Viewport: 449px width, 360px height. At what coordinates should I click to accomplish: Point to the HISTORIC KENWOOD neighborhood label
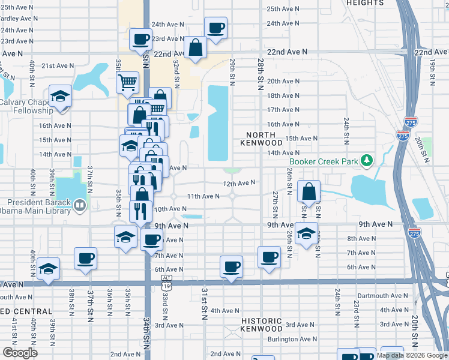(x=261, y=325)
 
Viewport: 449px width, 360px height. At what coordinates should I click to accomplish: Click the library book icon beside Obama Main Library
(x=79, y=206)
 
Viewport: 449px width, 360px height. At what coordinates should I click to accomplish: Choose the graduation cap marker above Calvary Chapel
(x=60, y=96)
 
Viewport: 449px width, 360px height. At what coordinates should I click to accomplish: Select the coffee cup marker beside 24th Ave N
(x=215, y=27)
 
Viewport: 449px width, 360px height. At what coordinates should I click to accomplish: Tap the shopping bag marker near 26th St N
(x=309, y=191)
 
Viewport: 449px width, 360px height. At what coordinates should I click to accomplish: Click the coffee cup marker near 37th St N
(x=85, y=258)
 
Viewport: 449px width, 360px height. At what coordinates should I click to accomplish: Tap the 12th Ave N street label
(x=239, y=182)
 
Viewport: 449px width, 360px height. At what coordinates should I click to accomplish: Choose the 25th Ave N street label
(x=283, y=9)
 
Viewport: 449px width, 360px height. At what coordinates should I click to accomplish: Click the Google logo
(x=20, y=353)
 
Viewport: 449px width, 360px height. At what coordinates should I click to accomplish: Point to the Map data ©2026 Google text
(x=412, y=355)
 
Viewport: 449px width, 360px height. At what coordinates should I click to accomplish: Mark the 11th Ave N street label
(x=203, y=196)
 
